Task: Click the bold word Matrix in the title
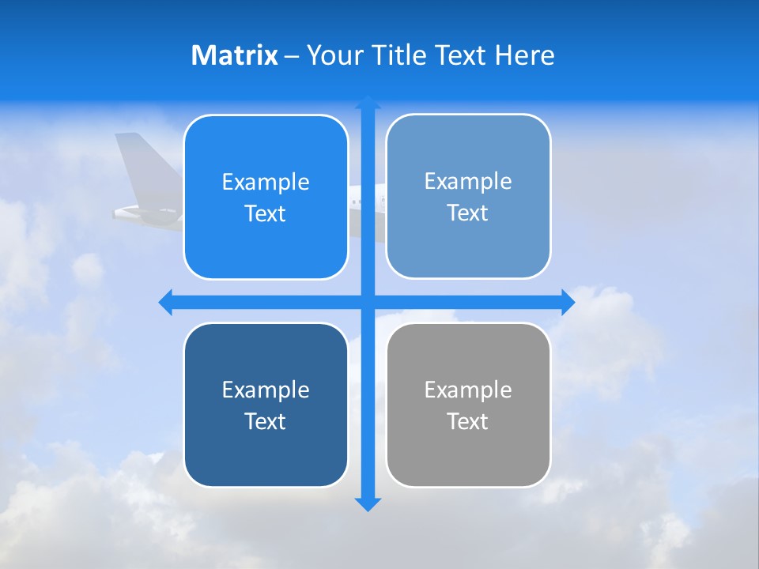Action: coord(235,55)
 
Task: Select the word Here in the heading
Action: coord(524,55)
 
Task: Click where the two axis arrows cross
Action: coord(368,302)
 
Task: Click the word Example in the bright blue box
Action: coord(266,183)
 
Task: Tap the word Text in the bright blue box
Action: coord(266,214)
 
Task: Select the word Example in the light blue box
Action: coord(468,182)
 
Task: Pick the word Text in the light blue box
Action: coord(468,213)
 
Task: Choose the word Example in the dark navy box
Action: coord(266,390)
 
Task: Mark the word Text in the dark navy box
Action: coord(266,422)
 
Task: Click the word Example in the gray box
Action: coord(468,390)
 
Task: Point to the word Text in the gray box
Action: coord(468,422)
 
